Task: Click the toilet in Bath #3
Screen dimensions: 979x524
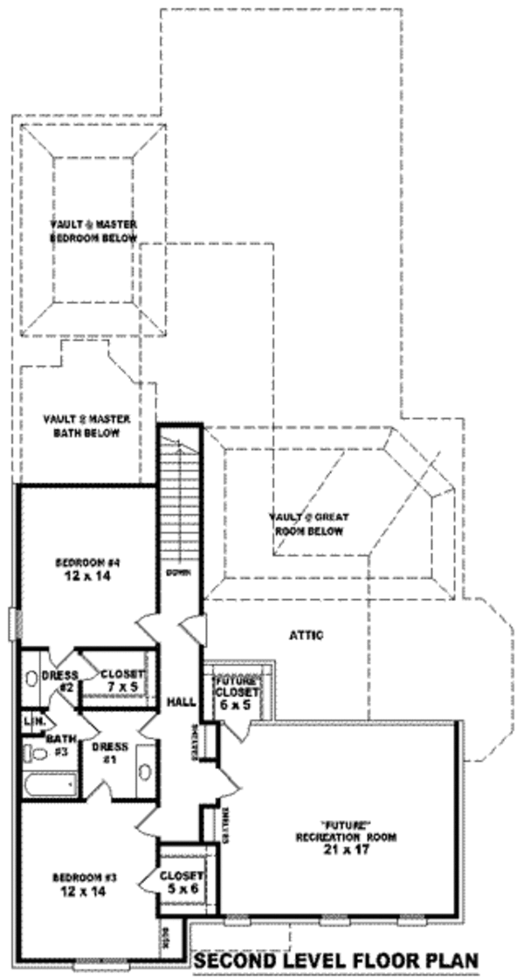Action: tap(35, 753)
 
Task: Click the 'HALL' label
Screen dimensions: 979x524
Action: tap(180, 701)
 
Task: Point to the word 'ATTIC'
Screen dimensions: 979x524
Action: tap(306, 635)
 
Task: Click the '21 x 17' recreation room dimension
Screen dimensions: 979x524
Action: tap(346, 848)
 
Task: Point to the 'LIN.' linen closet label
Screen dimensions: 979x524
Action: tap(34, 721)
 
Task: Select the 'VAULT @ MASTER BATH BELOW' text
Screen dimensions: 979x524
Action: tap(86, 425)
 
